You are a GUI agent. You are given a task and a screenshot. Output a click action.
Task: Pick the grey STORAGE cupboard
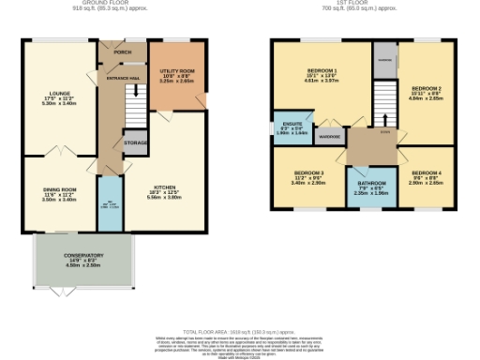[x=135, y=143]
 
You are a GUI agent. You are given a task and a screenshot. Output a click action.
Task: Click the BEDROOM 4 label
[x=427, y=174]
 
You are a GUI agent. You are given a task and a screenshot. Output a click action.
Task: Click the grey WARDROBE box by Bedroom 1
[x=328, y=137]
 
